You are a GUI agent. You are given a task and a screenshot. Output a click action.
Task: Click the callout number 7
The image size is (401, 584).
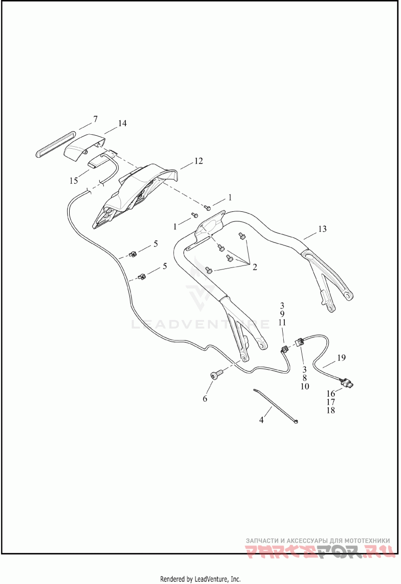click(95, 119)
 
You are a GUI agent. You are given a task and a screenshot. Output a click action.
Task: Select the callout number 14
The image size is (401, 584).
click(122, 123)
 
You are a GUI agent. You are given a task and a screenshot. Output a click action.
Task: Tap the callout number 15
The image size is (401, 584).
click(74, 181)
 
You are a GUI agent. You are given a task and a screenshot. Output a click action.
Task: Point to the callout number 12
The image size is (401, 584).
click(198, 161)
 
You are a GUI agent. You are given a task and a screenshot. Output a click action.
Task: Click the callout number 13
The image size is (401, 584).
click(322, 229)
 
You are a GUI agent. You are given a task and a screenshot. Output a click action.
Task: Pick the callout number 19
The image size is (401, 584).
click(341, 358)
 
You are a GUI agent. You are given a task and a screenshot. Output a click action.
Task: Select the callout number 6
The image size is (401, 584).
click(205, 399)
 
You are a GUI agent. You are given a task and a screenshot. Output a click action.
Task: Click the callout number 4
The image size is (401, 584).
click(261, 420)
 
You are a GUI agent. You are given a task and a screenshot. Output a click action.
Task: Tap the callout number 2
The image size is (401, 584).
click(255, 267)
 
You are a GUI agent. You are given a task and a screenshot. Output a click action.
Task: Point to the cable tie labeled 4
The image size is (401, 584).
click(275, 406)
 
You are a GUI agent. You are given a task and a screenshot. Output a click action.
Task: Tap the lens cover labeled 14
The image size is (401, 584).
click(84, 147)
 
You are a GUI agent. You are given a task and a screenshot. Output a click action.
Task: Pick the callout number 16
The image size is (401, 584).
click(330, 394)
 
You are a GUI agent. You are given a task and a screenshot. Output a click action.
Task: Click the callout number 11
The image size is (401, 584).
click(282, 322)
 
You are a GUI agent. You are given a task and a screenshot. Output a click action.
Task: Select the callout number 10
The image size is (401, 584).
click(305, 386)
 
